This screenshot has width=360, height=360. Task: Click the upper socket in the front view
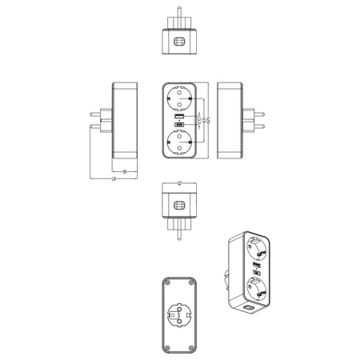[x=180, y=100]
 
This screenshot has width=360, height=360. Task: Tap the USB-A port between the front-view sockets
[x=180, y=118]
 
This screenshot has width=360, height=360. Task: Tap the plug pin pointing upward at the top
[x=180, y=18]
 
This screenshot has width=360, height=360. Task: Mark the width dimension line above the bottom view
[x=180, y=184]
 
